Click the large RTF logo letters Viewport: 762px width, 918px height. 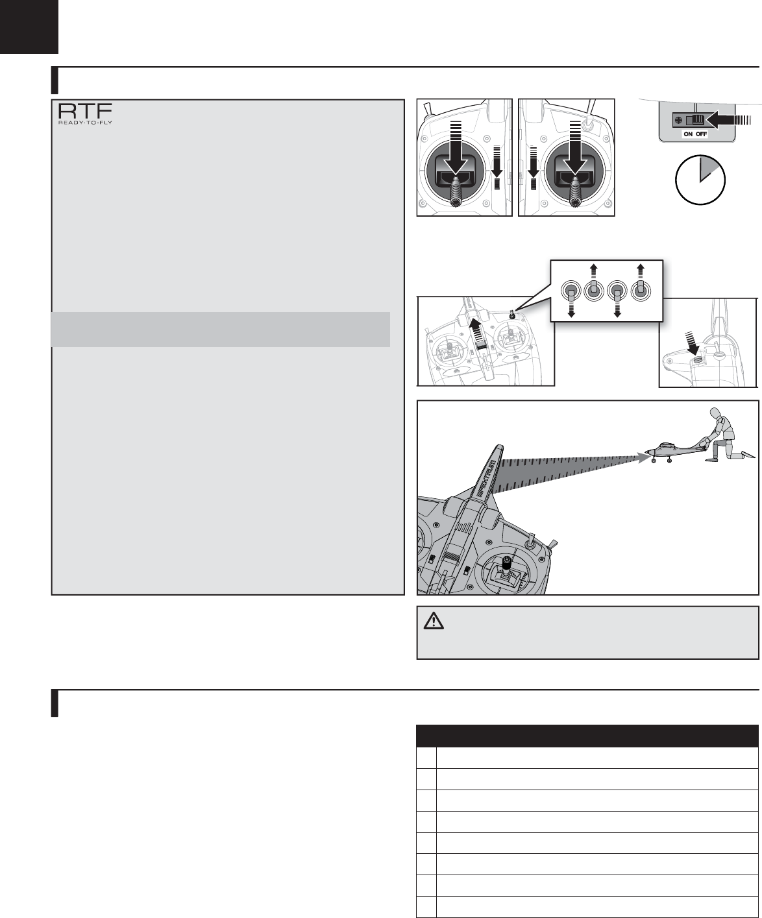click(x=85, y=111)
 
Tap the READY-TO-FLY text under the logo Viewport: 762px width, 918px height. click(x=85, y=122)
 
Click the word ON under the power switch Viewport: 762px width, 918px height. click(x=688, y=134)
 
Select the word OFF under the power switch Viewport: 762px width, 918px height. click(x=701, y=134)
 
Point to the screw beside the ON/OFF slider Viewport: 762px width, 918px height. click(x=678, y=120)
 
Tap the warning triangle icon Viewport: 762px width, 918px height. click(x=434, y=620)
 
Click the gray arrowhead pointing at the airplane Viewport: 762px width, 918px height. click(x=644, y=458)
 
